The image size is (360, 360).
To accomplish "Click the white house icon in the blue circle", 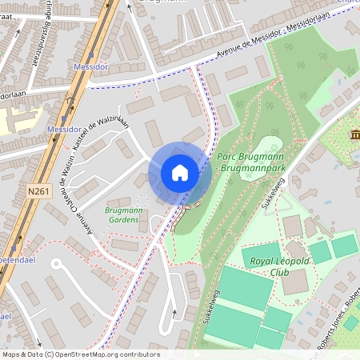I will pos(180,173).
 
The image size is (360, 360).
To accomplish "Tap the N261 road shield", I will pos(38,191).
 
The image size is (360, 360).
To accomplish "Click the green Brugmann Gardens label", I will pos(123,214).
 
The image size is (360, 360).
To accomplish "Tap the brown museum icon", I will pos(354,134).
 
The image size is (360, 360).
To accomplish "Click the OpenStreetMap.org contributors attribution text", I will pos(116,354).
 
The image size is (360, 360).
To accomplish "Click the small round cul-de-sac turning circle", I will pos(56,262).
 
